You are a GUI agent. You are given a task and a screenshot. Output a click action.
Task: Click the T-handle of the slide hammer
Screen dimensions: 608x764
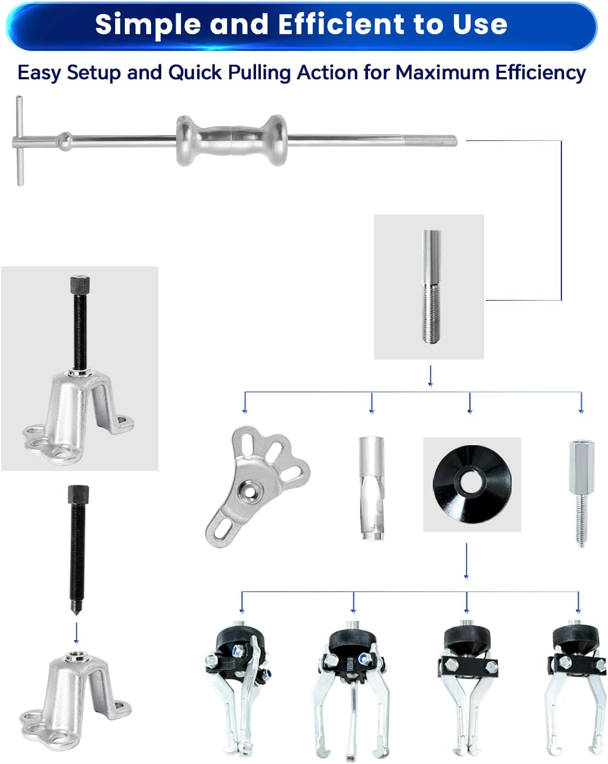[20, 140]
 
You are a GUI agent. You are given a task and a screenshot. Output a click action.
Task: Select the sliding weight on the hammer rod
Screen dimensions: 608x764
[232, 140]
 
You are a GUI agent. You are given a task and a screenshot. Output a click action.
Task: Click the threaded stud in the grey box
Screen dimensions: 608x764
[432, 286]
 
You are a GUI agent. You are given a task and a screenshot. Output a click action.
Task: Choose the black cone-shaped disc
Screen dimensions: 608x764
[472, 484]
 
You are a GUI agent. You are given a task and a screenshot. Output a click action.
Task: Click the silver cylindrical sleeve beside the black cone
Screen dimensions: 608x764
[372, 488]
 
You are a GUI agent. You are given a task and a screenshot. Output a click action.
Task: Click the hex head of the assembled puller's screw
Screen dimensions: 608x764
[80, 284]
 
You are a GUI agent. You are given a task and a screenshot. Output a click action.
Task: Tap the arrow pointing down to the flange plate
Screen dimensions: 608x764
[245, 403]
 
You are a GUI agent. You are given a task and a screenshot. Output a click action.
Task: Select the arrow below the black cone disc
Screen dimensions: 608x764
[467, 561]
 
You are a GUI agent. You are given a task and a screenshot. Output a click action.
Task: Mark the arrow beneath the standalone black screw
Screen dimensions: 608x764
[76, 633]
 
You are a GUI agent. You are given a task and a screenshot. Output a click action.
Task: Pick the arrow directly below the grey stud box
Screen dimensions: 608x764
[431, 376]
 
